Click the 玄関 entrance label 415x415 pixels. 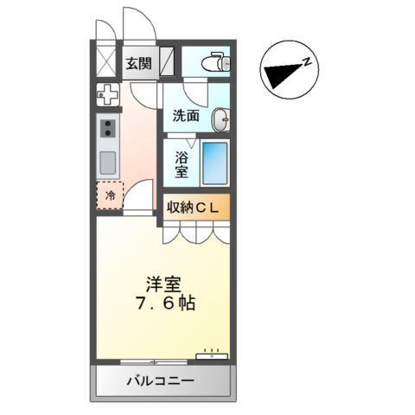(137, 63)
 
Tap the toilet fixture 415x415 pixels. (214, 61)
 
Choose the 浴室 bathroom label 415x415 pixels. (182, 165)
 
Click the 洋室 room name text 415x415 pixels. (163, 283)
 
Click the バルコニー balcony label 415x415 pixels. (162, 380)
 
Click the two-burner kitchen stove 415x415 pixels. (108, 129)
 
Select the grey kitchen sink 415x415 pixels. (108, 162)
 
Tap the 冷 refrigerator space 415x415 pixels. (109, 196)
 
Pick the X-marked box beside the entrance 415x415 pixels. (105, 62)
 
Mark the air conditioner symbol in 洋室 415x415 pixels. (211, 353)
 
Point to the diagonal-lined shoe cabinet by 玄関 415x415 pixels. (169, 62)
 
